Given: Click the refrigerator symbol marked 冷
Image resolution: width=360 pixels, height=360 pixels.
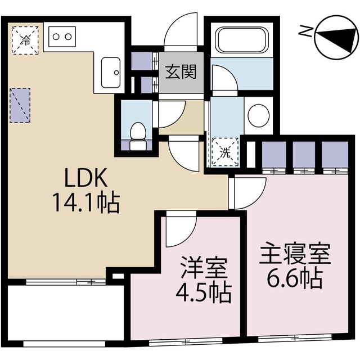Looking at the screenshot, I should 25,39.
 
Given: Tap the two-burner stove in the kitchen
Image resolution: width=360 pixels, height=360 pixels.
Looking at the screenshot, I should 62,37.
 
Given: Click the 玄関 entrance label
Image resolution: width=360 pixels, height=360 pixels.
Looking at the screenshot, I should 181,72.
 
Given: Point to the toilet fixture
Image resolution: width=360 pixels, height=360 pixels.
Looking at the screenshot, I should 137,133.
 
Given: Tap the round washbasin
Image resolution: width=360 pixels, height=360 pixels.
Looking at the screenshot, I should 258,115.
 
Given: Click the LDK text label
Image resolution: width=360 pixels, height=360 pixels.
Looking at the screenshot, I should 84,179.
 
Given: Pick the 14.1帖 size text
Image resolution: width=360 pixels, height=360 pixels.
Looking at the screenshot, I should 84,202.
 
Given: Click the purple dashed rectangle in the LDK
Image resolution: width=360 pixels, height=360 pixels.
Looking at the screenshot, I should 20,105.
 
